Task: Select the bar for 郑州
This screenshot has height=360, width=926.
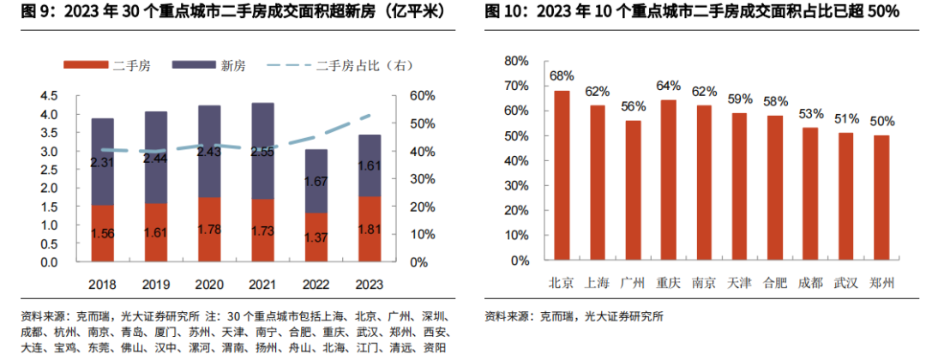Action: pos(880,197)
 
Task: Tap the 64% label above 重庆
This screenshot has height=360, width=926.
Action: pos(668,86)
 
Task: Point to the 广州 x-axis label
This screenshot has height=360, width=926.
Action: pos(633,281)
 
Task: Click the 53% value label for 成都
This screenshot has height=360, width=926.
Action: pos(809,113)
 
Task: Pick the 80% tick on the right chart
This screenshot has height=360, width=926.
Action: pos(516,61)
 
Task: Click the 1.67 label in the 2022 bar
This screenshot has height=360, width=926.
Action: pos(316,182)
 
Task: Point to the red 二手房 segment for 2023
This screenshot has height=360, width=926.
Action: pos(370,229)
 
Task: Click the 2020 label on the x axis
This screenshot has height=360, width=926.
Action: pos(209,284)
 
